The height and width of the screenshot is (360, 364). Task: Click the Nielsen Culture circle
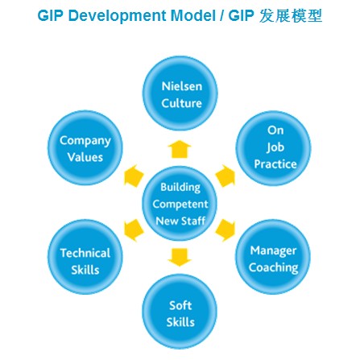tap(180, 93)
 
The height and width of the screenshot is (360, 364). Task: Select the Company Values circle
tap(85, 148)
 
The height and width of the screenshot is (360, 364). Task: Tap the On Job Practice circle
tap(274, 148)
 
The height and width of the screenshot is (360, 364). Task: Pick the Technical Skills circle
tap(85, 257)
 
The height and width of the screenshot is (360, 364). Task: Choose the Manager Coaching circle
tap(273, 257)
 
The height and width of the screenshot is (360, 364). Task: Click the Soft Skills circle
tap(180, 312)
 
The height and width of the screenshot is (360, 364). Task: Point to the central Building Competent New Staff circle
tap(180, 203)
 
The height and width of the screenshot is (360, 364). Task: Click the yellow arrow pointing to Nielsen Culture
tap(180, 149)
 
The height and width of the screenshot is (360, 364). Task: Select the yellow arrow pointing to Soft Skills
tap(180, 257)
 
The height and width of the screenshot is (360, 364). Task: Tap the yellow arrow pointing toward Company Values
tap(134, 176)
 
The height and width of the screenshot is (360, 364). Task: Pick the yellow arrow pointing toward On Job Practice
tap(225, 176)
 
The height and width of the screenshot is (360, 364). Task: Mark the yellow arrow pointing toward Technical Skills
tap(134, 230)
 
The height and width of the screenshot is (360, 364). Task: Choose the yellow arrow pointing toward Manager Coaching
tap(225, 230)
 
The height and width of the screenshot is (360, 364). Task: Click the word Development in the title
tap(118, 16)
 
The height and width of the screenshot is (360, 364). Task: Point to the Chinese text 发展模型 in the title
tap(291, 16)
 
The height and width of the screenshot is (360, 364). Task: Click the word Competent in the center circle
tap(180, 205)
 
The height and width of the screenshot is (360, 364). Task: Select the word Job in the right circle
tap(275, 147)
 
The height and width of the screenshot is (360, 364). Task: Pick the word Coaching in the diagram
tap(273, 267)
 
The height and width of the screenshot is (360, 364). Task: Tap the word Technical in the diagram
tap(85, 253)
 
